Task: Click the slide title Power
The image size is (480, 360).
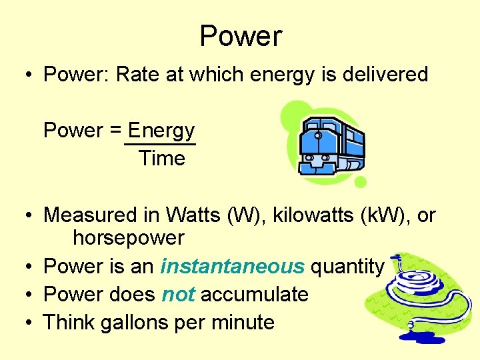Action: [x=241, y=36]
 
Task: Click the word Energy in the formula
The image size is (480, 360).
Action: [x=161, y=130]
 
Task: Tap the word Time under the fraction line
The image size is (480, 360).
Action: [x=161, y=159]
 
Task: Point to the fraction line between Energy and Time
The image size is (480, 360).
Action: [x=160, y=143]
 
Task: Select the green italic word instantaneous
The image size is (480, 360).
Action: [x=232, y=267]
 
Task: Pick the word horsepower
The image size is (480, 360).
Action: [x=128, y=237]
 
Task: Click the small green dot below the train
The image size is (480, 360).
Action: [x=360, y=182]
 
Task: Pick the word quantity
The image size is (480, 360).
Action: [x=347, y=267]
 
